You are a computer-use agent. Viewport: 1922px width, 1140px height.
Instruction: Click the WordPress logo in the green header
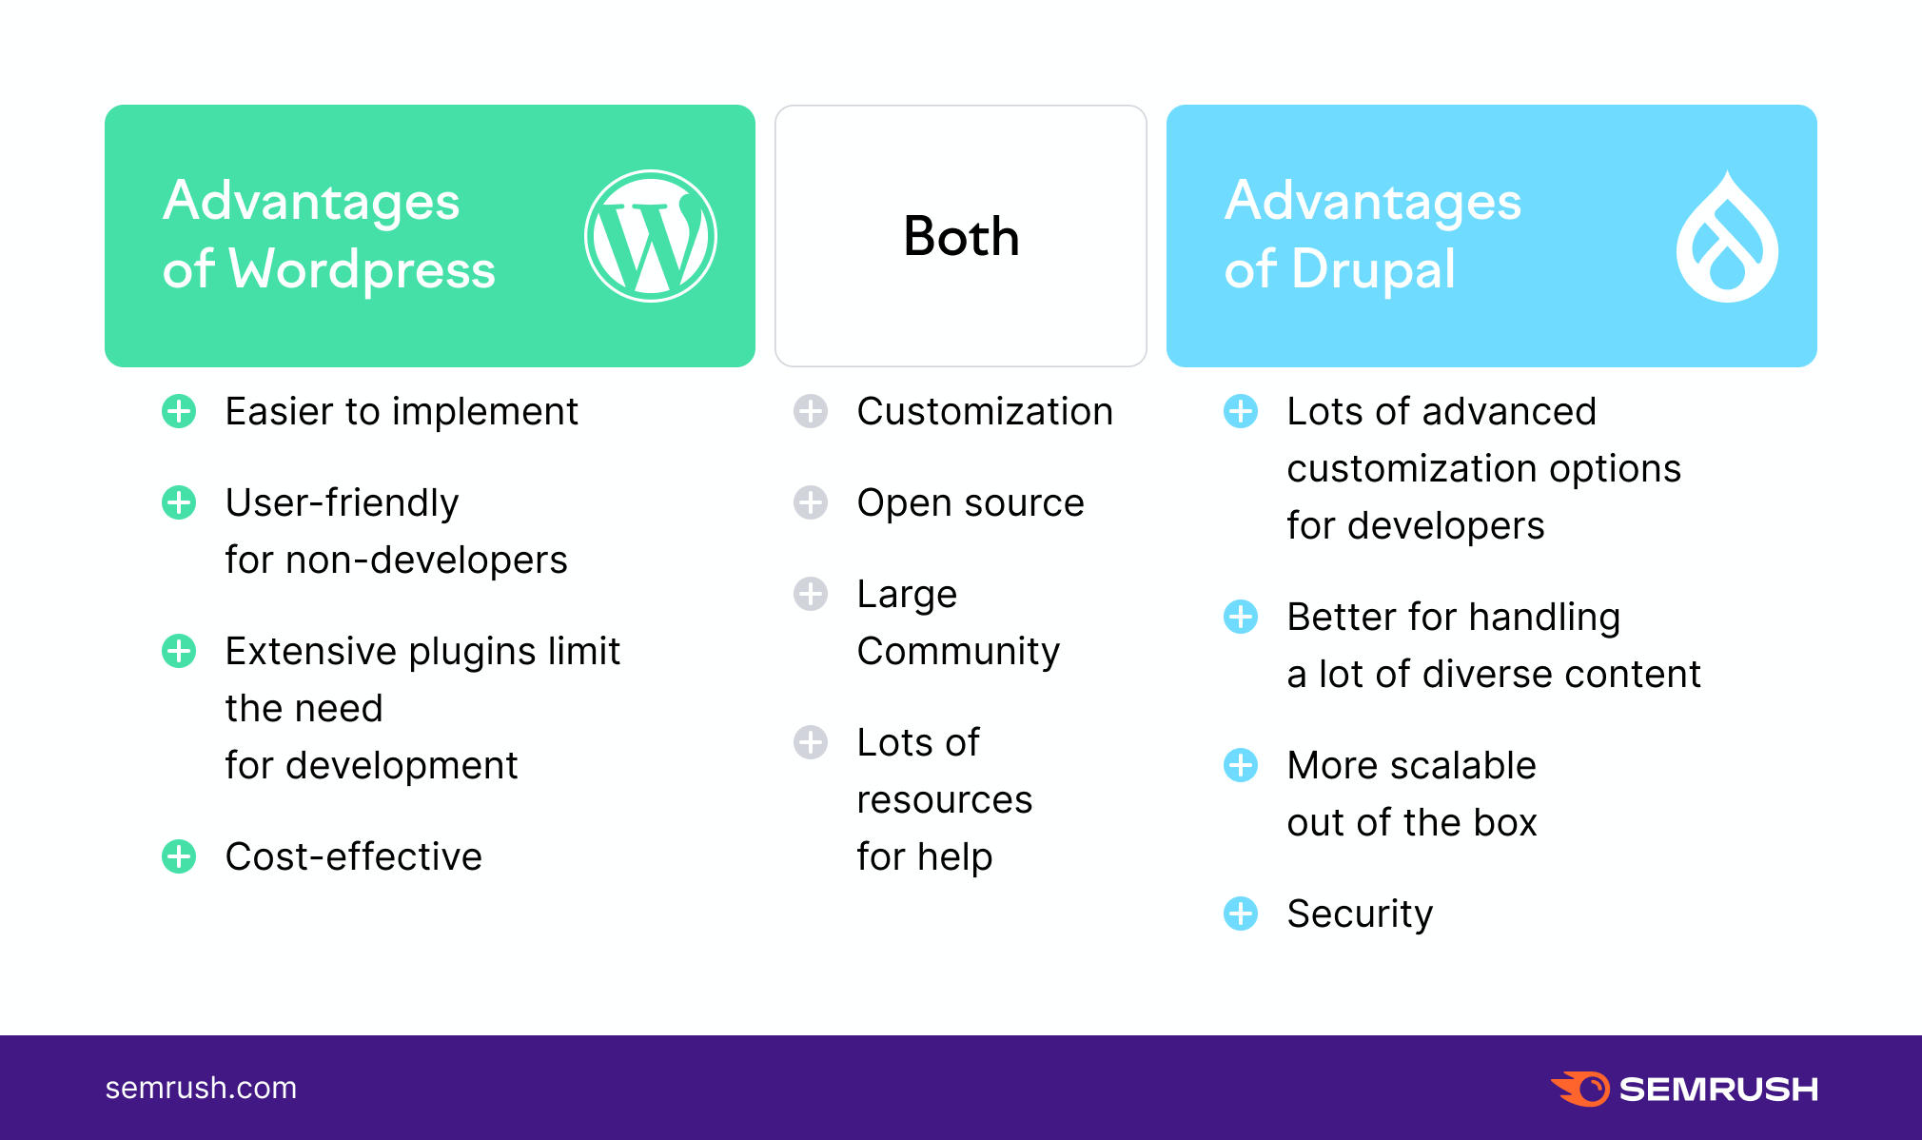tap(650, 236)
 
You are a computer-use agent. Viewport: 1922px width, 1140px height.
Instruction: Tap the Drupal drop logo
tap(1727, 238)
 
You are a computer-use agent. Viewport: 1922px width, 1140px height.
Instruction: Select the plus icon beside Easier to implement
tap(179, 411)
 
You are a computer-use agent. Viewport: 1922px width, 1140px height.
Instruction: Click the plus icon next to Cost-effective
tap(179, 856)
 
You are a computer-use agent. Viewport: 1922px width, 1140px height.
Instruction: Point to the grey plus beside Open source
tap(811, 502)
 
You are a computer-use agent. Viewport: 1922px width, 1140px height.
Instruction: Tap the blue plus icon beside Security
tap(1241, 914)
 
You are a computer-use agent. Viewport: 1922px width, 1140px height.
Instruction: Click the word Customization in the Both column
tap(985, 412)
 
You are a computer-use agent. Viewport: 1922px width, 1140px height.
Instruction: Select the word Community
tap(958, 652)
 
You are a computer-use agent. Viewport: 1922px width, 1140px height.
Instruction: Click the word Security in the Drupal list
tap(1360, 914)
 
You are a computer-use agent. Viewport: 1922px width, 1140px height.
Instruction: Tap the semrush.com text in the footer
tap(201, 1088)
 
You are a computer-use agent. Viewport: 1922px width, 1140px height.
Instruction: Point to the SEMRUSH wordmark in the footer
tap(1718, 1089)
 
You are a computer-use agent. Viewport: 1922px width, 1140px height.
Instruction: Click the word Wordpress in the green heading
tap(363, 270)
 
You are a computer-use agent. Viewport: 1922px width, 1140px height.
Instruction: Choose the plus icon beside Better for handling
tap(1241, 617)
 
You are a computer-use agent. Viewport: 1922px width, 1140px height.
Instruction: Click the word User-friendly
tap(342, 503)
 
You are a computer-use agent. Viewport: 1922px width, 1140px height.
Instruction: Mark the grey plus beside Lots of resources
tap(811, 742)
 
